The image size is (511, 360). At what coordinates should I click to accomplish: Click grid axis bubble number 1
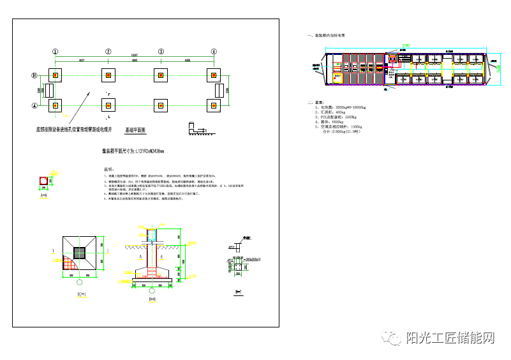[56, 52]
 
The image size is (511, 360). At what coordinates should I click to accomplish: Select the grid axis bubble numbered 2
[108, 52]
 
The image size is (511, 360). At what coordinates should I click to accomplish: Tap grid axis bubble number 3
[161, 52]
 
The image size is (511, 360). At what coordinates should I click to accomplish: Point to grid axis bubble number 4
[214, 52]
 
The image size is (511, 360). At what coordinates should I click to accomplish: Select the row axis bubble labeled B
[35, 75]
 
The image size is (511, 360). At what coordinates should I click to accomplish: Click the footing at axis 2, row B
[108, 75]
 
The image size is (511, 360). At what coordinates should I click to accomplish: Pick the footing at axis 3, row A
[161, 105]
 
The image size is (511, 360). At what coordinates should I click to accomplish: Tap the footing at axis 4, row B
[214, 75]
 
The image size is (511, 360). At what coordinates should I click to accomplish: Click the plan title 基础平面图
[135, 130]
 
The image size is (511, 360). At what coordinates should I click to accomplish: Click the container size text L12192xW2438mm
[133, 151]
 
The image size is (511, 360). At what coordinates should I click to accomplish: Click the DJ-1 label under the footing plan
[81, 295]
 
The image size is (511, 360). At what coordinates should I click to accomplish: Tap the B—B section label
[152, 297]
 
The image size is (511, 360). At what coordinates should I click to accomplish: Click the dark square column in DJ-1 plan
[81, 252]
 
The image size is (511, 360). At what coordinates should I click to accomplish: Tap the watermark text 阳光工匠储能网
[450, 338]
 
